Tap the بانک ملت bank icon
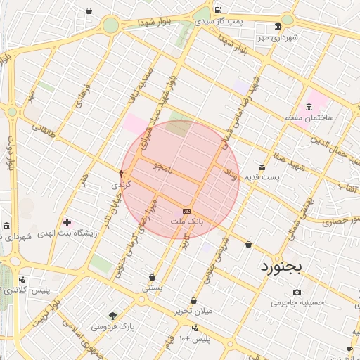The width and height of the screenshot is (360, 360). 186,211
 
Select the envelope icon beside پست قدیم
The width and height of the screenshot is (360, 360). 262,167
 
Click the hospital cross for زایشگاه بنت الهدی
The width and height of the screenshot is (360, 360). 67,222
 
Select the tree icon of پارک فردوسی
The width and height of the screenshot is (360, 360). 112,316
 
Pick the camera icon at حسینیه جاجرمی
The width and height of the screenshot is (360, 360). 297,292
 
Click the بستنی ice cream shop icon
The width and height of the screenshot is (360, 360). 152,277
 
